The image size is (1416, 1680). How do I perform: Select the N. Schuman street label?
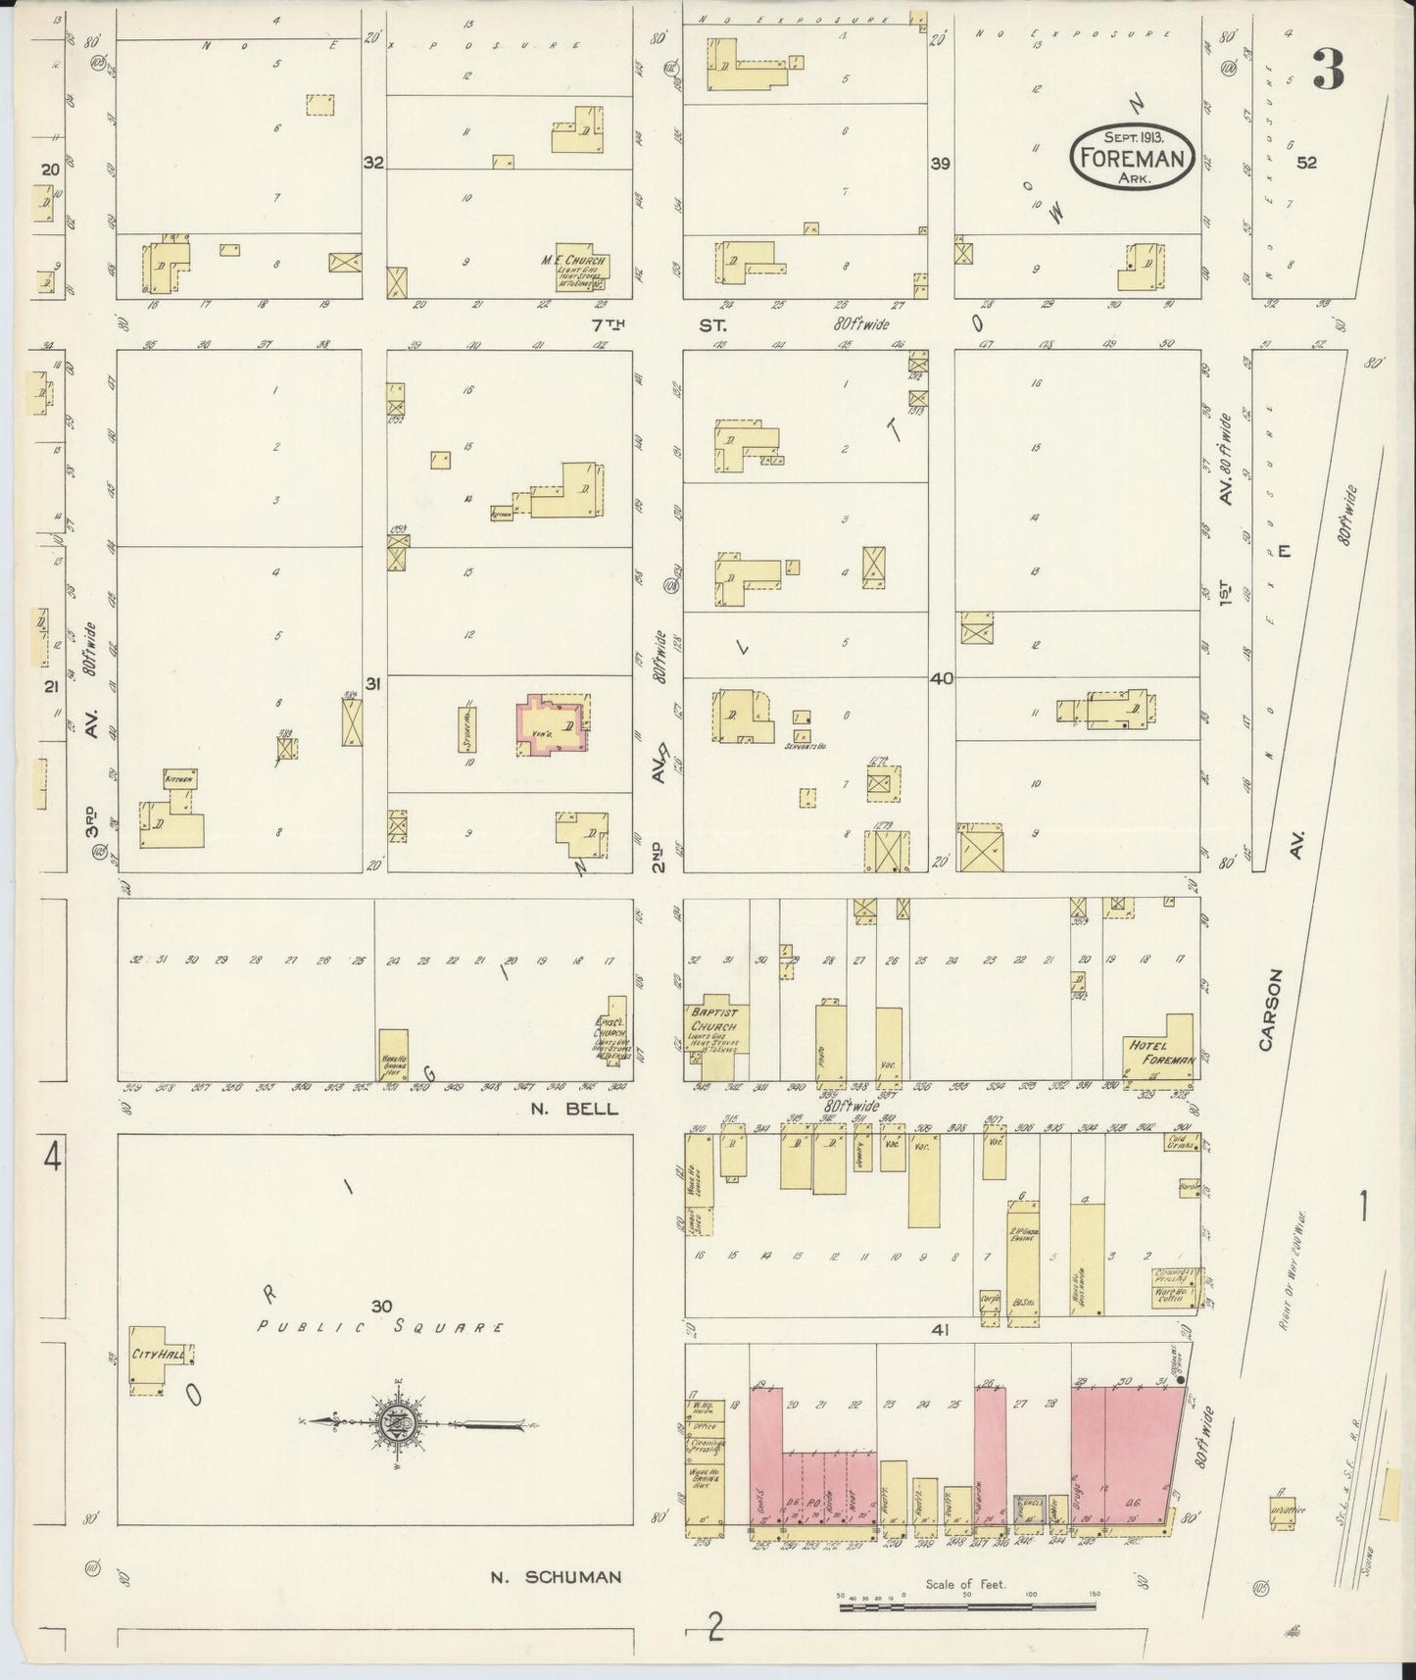point(556,1577)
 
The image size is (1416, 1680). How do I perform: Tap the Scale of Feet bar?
point(968,1606)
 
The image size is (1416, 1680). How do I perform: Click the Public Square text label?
point(380,1328)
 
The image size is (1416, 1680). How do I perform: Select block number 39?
point(941,164)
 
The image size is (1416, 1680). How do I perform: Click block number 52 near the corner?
point(1306,164)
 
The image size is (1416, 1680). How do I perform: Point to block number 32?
point(373,163)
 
